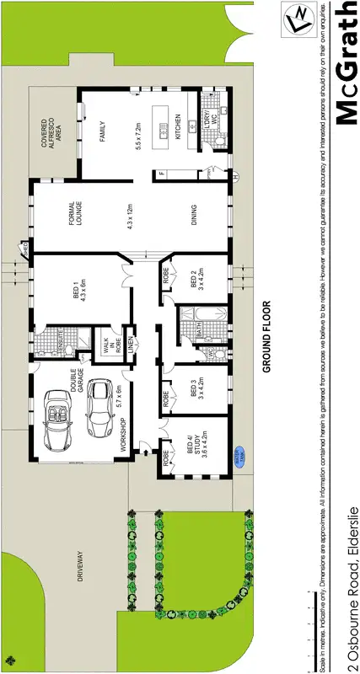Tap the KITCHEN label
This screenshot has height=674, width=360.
click(x=178, y=130)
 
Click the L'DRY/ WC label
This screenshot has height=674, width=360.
click(x=209, y=121)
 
